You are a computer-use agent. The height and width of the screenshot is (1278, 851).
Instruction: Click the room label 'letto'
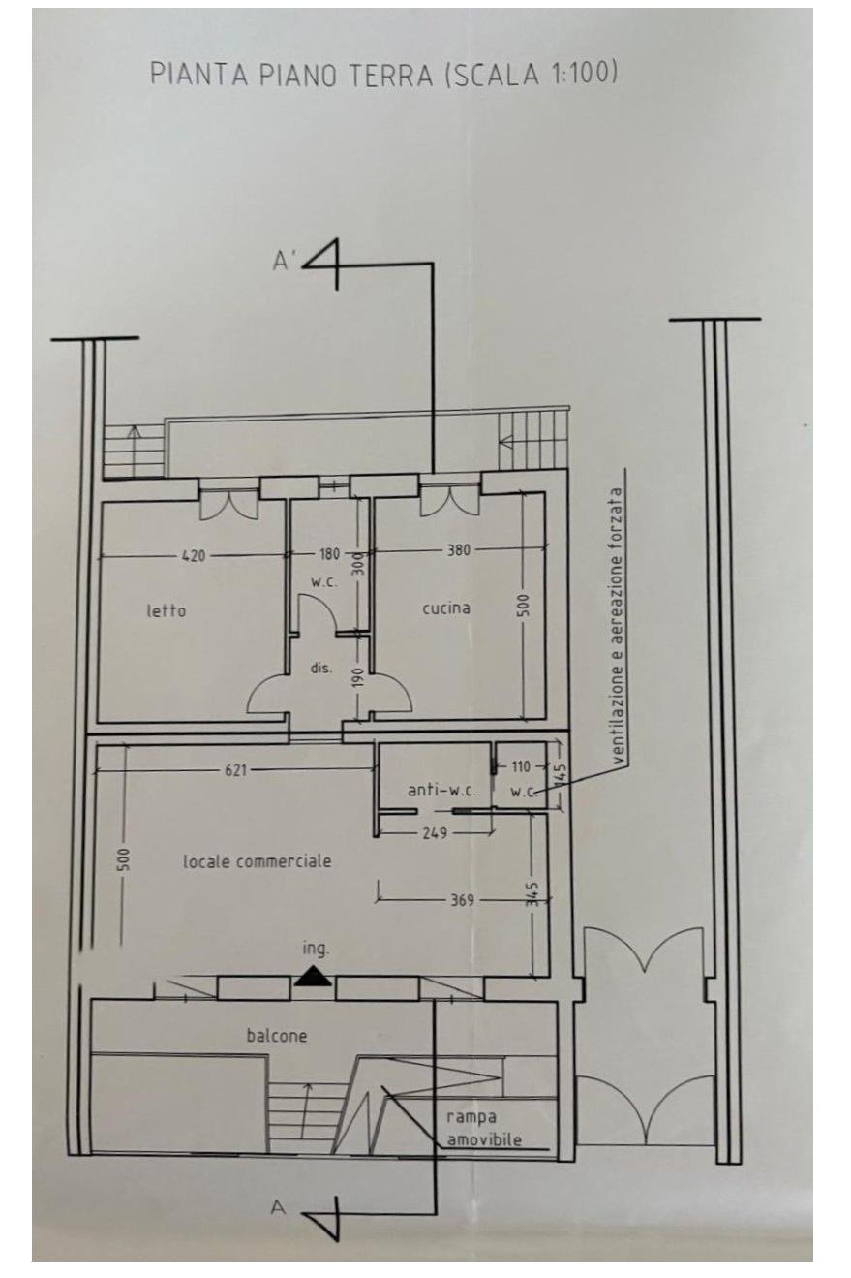pyautogui.click(x=167, y=611)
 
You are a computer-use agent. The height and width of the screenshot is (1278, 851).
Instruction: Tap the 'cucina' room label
pyautogui.click(x=446, y=608)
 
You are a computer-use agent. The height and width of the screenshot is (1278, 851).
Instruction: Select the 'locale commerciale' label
pyautogui.click(x=257, y=861)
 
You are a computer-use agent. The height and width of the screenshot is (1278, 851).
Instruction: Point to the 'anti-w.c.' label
pyautogui.click(x=442, y=791)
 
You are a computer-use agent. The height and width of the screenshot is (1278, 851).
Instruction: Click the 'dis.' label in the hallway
pyautogui.click(x=320, y=669)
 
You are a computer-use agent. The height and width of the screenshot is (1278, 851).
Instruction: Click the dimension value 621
pyautogui.click(x=235, y=770)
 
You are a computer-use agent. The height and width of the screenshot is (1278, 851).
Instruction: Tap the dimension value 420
pyautogui.click(x=194, y=555)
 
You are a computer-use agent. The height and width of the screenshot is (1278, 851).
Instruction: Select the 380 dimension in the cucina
pyautogui.click(x=459, y=550)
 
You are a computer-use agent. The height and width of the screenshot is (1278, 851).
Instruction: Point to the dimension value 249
pyautogui.click(x=436, y=833)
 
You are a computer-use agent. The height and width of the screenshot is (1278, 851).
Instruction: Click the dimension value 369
pyautogui.click(x=462, y=901)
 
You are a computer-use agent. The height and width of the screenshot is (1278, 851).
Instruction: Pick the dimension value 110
pyautogui.click(x=521, y=766)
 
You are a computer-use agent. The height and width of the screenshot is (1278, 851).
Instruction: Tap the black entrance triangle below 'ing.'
pyautogui.click(x=313, y=977)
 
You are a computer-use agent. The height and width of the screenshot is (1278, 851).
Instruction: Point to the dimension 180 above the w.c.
pyautogui.click(x=329, y=553)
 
